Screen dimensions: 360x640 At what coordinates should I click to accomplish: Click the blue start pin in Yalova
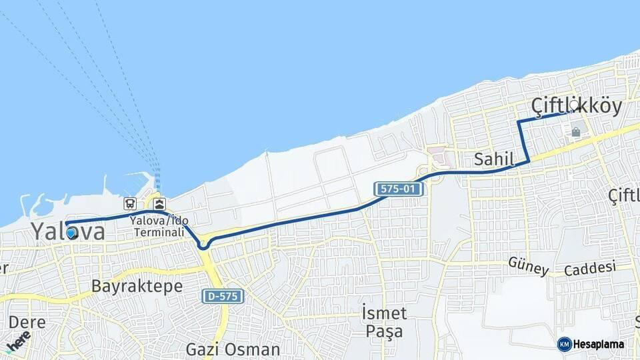pyautogui.click(x=71, y=233)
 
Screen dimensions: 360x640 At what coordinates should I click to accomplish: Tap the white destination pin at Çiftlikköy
pyautogui.click(x=573, y=105)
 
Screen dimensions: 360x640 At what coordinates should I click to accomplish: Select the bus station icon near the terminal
pyautogui.click(x=130, y=203)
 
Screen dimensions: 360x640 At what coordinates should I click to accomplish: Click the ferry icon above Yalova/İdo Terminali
pyautogui.click(x=160, y=203)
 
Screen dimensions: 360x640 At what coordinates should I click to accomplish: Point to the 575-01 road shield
pyautogui.click(x=399, y=189)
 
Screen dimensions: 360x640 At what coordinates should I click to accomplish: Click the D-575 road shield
pyautogui.click(x=223, y=296)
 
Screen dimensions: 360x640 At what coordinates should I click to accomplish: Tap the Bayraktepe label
pyautogui.click(x=127, y=287)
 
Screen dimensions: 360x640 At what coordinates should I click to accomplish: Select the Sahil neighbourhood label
pyautogui.click(x=494, y=159)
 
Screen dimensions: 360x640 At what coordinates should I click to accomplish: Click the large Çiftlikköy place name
pyautogui.click(x=577, y=106)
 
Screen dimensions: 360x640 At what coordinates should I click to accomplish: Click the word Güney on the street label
pyautogui.click(x=529, y=265)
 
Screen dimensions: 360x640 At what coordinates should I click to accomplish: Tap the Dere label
pyautogui.click(x=27, y=323)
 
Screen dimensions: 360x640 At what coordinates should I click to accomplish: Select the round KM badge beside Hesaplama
pyautogui.click(x=564, y=344)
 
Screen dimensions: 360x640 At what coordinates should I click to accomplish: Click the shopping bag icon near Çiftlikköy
pyautogui.click(x=575, y=133)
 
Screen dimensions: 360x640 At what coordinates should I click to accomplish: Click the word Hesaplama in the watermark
pyautogui.click(x=599, y=344)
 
